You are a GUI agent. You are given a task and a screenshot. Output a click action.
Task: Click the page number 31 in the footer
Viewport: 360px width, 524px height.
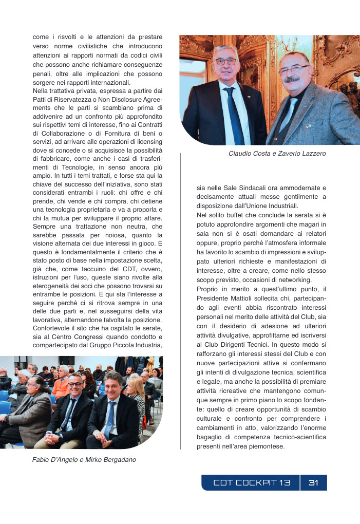point(313,483)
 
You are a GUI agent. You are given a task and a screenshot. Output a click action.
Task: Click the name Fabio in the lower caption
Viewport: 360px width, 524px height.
point(42,460)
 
